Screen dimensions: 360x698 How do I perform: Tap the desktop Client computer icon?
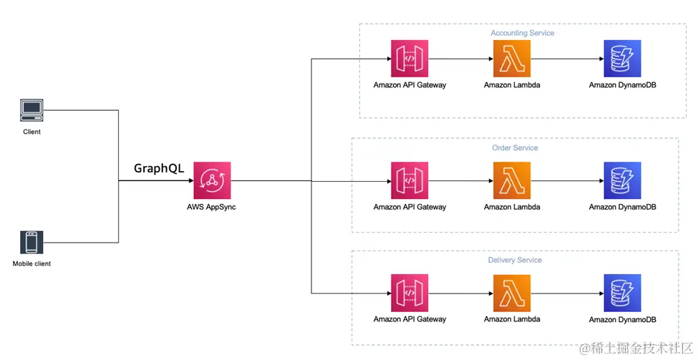[x=31, y=110]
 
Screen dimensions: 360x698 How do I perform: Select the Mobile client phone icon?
[x=31, y=243]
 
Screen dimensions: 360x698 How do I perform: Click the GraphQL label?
[x=159, y=169]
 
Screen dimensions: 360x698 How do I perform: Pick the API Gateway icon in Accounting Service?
[x=409, y=58]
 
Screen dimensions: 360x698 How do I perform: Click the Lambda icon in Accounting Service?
[x=512, y=58]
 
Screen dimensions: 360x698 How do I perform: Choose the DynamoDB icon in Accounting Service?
[x=622, y=58]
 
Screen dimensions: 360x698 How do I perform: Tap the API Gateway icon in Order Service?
[x=409, y=180]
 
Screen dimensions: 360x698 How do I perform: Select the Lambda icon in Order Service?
[x=512, y=180]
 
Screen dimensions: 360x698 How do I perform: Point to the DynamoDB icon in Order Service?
[x=622, y=180]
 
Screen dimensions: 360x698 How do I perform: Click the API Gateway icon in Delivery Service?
[x=409, y=293]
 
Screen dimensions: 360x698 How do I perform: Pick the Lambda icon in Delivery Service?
[x=512, y=293]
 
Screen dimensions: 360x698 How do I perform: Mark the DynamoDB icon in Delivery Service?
[x=622, y=293]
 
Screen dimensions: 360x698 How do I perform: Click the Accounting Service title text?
[x=522, y=33]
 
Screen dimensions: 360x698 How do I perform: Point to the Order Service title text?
[x=515, y=148]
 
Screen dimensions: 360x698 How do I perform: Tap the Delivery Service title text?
[x=515, y=260]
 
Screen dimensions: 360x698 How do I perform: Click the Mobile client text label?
[x=31, y=264]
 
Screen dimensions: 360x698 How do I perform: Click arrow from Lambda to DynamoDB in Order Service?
[x=567, y=180]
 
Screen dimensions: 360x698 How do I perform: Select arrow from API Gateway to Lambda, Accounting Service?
[x=461, y=58]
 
